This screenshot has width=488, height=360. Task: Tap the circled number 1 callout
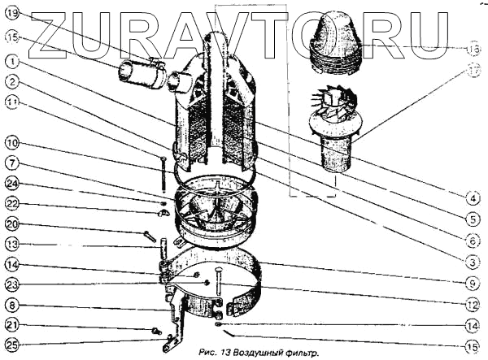pos(11,59)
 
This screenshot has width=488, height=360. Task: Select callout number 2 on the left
pos(11,80)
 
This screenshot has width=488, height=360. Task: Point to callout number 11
pos(11,102)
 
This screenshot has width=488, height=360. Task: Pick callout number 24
pos(11,182)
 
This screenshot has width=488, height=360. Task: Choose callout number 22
pos(11,203)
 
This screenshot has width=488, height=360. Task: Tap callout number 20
pos(11,223)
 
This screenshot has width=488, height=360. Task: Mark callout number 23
pos(11,284)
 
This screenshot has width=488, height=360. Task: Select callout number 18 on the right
pos(474,48)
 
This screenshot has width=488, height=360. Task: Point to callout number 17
pos(474,70)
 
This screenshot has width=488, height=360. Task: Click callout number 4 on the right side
pos(474,196)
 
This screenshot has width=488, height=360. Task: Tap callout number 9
pos(474,283)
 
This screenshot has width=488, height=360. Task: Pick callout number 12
pos(474,304)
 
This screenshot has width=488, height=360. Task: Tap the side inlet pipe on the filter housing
pos(142,75)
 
